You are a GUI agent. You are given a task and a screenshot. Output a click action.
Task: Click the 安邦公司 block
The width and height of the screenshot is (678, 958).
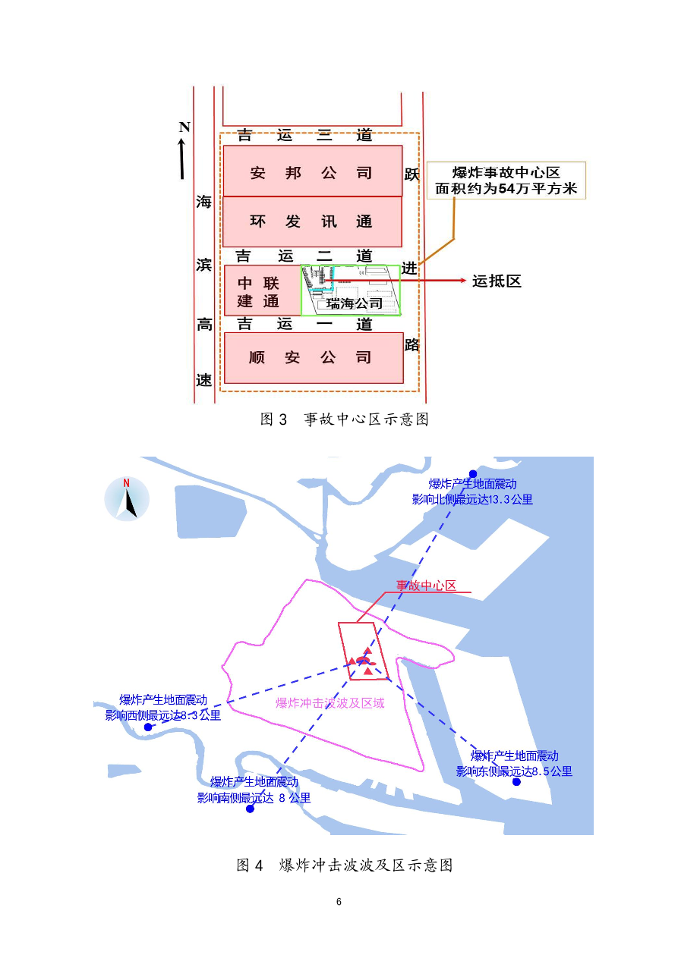313,171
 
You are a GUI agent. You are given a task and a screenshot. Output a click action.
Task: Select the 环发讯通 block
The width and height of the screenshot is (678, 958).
313,221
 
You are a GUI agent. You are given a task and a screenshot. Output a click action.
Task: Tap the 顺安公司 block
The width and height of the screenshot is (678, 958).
314,357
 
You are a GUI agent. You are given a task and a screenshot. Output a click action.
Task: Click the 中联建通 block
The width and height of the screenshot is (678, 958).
263,291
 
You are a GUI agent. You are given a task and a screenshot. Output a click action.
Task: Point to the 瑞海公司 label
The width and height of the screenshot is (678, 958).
355,303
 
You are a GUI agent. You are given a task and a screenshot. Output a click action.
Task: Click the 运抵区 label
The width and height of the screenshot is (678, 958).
497,281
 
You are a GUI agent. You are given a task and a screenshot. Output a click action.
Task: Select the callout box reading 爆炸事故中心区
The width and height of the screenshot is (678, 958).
506,181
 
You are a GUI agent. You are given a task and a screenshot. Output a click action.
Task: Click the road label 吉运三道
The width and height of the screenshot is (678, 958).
304,136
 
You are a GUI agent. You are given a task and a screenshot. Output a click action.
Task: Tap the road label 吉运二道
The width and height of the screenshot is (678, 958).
304,256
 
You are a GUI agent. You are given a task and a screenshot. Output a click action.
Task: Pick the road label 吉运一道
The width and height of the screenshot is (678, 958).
304,324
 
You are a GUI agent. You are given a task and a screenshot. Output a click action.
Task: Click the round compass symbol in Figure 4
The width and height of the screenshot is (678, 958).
127,498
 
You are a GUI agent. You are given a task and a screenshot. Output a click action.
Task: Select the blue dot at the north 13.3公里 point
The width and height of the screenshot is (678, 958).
473,474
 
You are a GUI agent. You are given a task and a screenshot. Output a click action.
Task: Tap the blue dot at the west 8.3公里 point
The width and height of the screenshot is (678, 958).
148,727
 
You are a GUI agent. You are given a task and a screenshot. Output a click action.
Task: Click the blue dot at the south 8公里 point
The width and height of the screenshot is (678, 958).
251,809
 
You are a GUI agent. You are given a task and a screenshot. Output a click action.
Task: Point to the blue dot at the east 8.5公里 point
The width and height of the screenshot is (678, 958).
516,782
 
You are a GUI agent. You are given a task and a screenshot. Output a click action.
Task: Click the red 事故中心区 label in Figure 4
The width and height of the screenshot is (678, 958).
427,586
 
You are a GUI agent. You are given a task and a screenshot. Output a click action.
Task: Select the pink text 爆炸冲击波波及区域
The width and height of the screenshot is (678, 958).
330,703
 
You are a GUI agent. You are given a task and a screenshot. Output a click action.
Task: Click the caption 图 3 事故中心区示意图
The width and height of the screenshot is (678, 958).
345,419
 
